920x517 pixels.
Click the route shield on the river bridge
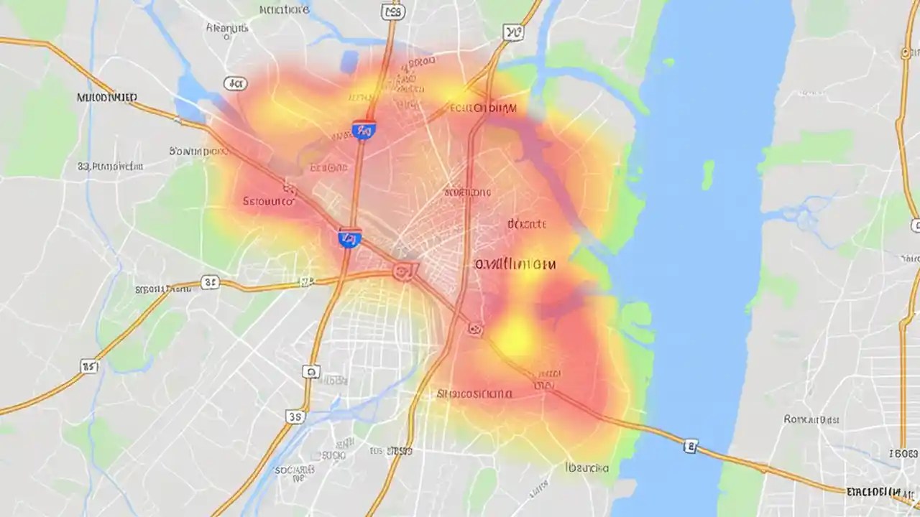click(691, 447)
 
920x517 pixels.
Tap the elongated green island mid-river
click(708, 175)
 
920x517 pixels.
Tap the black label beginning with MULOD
click(107, 97)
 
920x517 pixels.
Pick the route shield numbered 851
click(89, 368)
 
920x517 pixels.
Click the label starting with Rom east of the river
click(812, 419)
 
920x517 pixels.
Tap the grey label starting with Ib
click(586, 468)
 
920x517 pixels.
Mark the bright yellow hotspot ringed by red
click(516, 335)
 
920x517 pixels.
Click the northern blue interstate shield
click(364, 130)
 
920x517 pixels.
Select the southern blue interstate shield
click(350, 238)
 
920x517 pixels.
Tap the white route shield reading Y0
click(512, 31)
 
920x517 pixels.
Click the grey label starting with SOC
click(295, 470)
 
